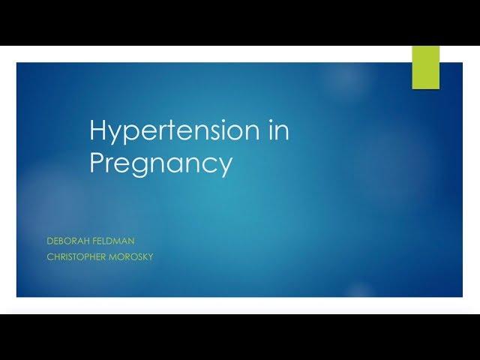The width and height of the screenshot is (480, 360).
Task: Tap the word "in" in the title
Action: click(x=280, y=130)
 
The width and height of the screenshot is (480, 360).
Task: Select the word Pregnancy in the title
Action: click(x=161, y=163)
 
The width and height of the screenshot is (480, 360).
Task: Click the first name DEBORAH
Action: click(x=68, y=241)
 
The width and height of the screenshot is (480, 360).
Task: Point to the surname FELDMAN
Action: click(x=113, y=241)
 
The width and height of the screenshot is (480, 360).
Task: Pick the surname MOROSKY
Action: click(x=131, y=256)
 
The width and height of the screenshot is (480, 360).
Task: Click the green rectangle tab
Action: click(x=426, y=67)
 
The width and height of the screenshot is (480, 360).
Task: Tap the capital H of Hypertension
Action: click(x=97, y=130)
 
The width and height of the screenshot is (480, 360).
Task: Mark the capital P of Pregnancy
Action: click(x=96, y=162)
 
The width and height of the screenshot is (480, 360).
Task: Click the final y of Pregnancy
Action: click(x=225, y=167)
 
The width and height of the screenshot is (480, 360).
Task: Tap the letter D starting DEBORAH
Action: click(x=50, y=241)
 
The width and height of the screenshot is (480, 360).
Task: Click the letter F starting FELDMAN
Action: click(x=95, y=241)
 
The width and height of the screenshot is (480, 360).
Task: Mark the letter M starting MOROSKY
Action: click(x=113, y=256)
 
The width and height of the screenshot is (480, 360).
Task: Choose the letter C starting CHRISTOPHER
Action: click(x=50, y=256)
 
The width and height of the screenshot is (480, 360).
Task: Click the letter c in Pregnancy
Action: click(x=209, y=164)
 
